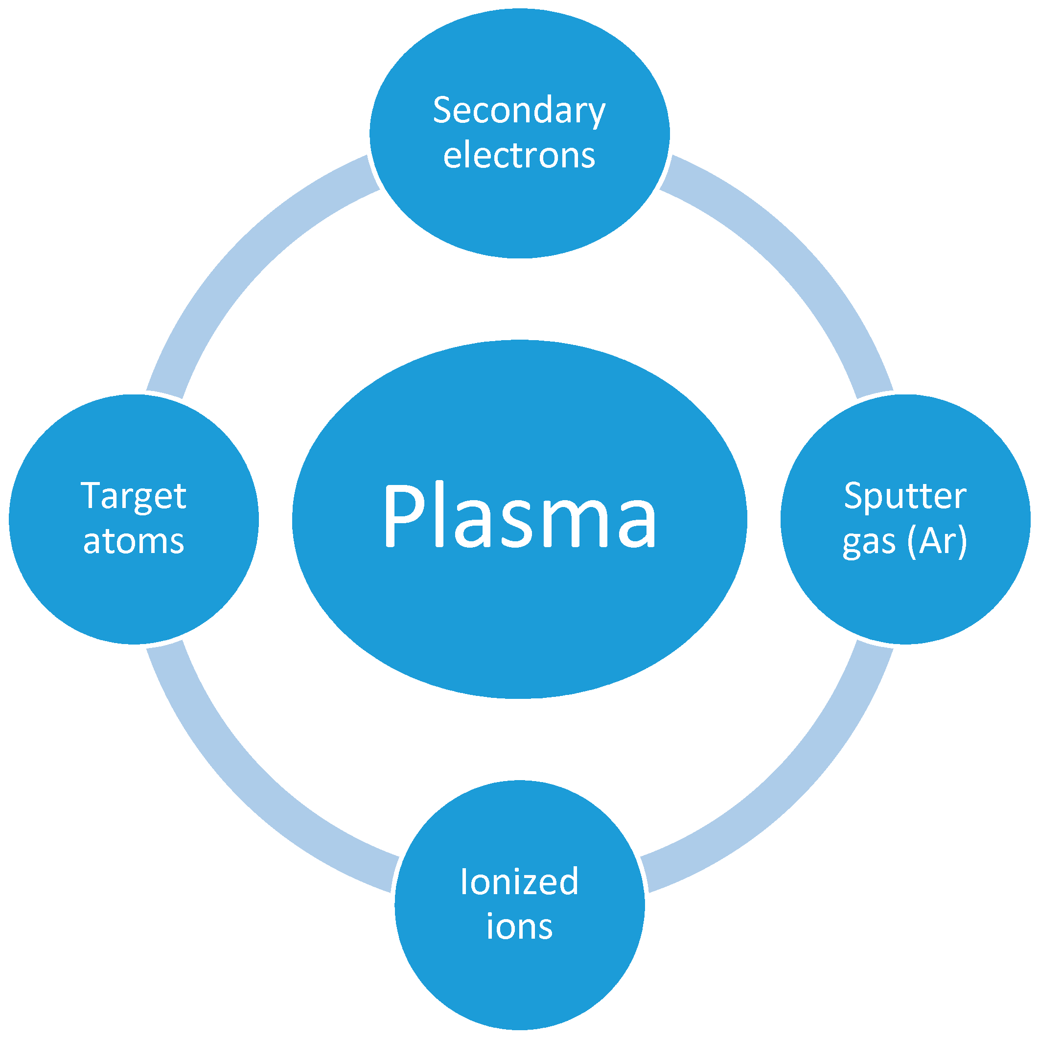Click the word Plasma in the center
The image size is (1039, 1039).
tap(520, 515)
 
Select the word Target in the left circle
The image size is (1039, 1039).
tap(134, 496)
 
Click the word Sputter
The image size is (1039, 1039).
tap(905, 496)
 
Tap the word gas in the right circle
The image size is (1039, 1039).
tap(869, 543)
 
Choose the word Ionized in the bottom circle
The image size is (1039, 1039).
tap(520, 882)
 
